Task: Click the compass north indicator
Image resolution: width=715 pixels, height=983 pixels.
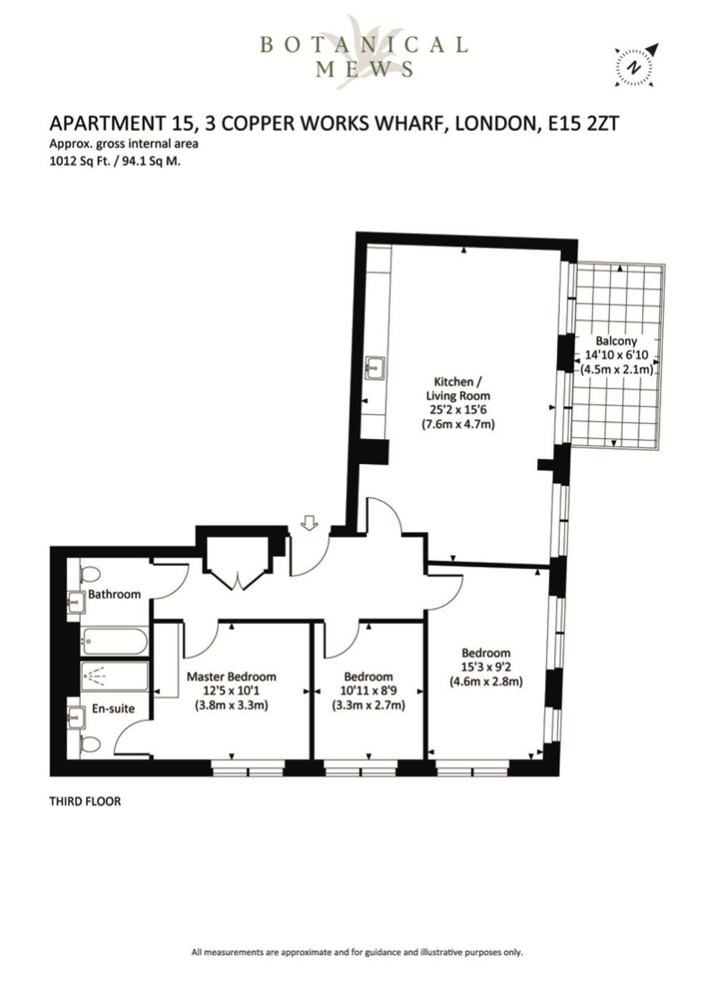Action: pyautogui.click(x=633, y=66)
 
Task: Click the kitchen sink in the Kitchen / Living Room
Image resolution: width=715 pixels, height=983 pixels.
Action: pyautogui.click(x=375, y=367)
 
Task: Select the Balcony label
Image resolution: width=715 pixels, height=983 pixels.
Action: pyautogui.click(x=616, y=340)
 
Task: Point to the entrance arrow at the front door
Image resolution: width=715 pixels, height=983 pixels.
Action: pyautogui.click(x=310, y=523)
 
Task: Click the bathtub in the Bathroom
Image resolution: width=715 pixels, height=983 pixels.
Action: pyautogui.click(x=114, y=641)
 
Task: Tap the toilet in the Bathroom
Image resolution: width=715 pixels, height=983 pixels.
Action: pyautogui.click(x=90, y=574)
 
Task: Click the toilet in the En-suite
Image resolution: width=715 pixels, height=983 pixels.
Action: pyautogui.click(x=90, y=744)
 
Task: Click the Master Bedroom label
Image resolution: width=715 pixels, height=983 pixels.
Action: pyautogui.click(x=232, y=676)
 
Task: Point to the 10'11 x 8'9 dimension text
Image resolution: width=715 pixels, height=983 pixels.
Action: pyautogui.click(x=368, y=691)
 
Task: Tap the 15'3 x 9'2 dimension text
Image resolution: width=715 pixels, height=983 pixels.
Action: pyautogui.click(x=486, y=667)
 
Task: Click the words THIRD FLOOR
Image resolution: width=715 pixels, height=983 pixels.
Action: pyautogui.click(x=85, y=801)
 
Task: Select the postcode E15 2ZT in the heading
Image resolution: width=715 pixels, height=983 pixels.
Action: pyautogui.click(x=583, y=123)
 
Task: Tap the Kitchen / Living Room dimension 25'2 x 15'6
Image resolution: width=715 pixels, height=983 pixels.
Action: pyautogui.click(x=458, y=410)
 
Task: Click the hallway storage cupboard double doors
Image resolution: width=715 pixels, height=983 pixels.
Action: pyautogui.click(x=237, y=580)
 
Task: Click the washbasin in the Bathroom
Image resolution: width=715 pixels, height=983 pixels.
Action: pyautogui.click(x=76, y=602)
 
